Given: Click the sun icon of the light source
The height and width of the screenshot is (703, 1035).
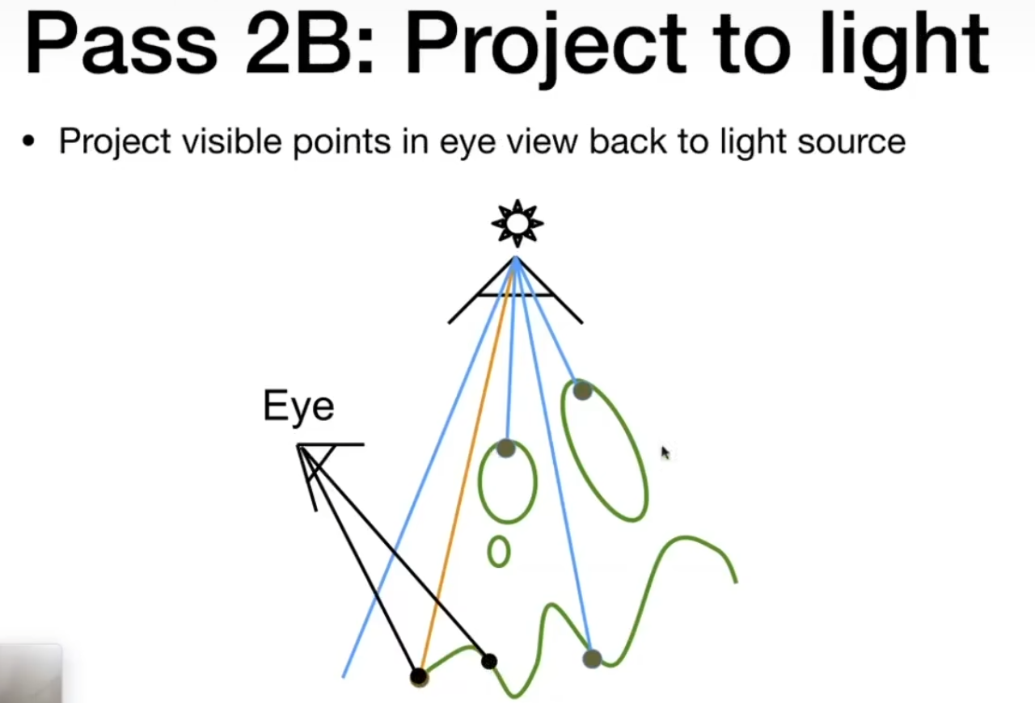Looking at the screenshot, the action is tap(517, 224).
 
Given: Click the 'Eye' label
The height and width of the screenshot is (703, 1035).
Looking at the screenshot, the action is tap(298, 406).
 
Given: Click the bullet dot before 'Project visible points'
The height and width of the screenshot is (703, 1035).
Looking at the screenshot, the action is tap(30, 142).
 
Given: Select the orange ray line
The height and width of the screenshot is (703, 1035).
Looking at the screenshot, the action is tap(467, 469).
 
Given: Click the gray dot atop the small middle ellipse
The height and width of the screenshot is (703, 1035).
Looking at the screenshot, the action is tap(506, 448).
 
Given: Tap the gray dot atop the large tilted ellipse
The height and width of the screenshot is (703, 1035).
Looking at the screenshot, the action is tap(582, 391).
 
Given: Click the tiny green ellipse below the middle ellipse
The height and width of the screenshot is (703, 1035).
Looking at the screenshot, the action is tap(499, 552).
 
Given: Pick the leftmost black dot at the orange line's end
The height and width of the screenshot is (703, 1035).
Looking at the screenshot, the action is tap(418, 676).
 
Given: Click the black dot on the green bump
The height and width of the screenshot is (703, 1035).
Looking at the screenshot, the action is tap(488, 662).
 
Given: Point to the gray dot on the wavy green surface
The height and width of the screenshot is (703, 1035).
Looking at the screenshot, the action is tap(592, 659).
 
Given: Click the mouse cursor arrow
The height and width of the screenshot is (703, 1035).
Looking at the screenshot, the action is tap(665, 453).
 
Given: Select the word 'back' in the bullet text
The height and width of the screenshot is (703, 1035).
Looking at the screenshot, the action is tap(623, 142).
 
